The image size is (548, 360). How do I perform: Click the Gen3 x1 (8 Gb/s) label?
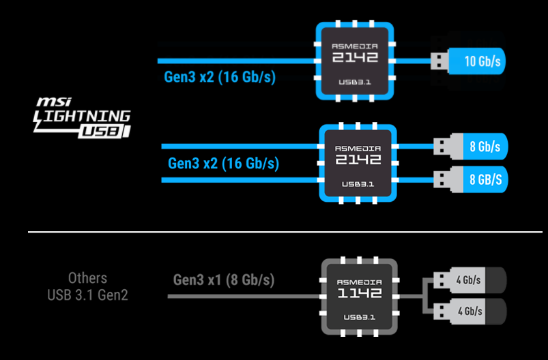pyautogui.click(x=224, y=280)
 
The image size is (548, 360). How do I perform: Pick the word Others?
pyautogui.click(x=87, y=278)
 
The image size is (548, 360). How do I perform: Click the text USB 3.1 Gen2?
pyautogui.click(x=87, y=295)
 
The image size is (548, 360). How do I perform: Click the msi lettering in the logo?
pyautogui.click(x=54, y=102)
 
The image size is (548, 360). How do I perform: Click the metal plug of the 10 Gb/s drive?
pyautogui.click(x=439, y=61)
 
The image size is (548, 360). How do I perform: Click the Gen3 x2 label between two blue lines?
pyautogui.click(x=224, y=164)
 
